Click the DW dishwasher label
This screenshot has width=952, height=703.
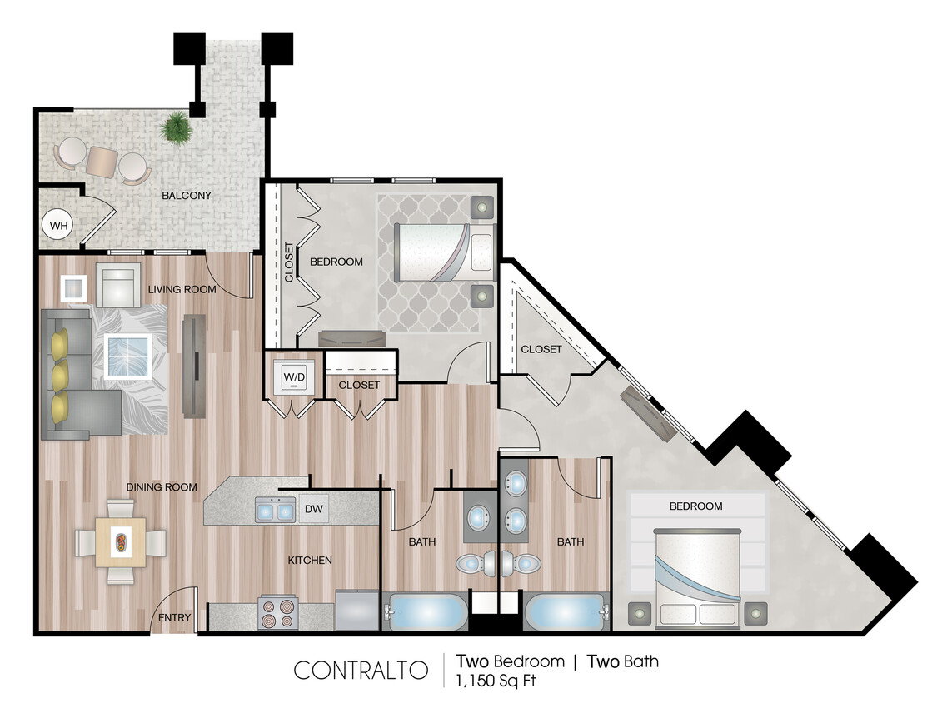tap(314, 508)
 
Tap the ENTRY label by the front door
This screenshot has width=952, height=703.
tap(175, 618)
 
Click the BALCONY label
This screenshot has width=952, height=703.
tap(187, 196)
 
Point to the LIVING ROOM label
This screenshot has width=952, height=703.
tap(182, 290)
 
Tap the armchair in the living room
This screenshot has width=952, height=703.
tap(118, 285)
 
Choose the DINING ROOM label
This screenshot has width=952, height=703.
tap(162, 487)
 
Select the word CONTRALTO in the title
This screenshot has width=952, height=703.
tap(361, 670)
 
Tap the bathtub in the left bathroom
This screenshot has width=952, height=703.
tap(427, 612)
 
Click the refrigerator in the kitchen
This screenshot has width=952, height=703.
tap(356, 611)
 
